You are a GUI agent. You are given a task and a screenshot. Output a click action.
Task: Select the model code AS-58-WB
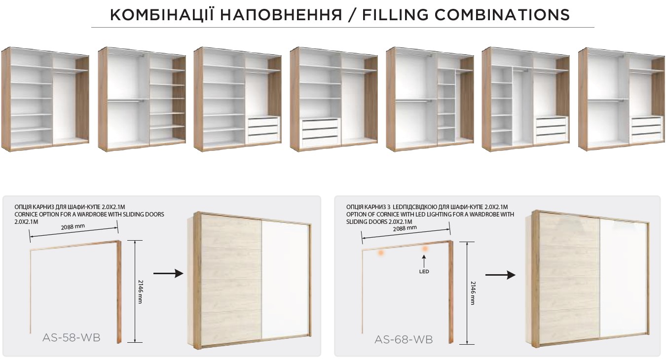[72, 338]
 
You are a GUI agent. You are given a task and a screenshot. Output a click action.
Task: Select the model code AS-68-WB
[404, 339]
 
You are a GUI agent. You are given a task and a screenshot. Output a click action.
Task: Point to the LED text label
[424, 271]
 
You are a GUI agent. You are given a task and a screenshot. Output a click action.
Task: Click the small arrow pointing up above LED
[424, 261]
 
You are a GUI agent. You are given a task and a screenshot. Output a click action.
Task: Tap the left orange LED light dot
[381, 252]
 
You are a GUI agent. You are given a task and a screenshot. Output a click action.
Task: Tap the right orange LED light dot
[425, 249]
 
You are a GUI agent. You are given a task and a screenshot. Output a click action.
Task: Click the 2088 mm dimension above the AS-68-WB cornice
[405, 228]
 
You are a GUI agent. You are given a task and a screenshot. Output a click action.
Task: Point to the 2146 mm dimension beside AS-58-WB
[140, 291]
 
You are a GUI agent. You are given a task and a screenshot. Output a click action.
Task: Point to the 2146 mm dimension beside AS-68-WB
[473, 293]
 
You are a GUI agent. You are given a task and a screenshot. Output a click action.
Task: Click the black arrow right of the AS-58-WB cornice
[168, 274]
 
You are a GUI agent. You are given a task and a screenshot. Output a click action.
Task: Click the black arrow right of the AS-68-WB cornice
[500, 275]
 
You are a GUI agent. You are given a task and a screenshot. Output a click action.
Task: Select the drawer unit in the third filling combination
[263, 129]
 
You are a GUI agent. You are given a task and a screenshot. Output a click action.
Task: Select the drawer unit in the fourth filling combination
[321, 133]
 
